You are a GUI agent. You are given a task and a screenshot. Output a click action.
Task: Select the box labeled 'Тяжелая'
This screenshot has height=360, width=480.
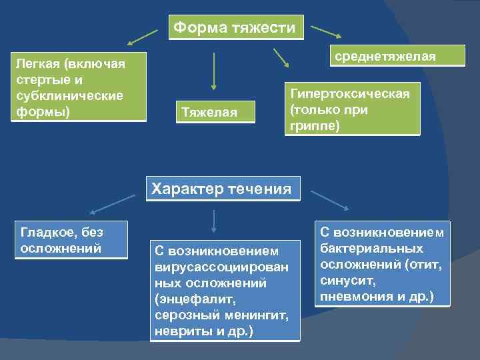click(x=214, y=112)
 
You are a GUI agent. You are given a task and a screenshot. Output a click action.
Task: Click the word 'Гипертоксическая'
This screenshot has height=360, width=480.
click(x=349, y=93)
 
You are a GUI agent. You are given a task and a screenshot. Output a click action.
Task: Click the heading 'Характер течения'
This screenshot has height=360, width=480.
click(x=222, y=189)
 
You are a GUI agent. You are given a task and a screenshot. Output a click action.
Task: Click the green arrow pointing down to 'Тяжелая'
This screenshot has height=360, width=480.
click(x=213, y=71)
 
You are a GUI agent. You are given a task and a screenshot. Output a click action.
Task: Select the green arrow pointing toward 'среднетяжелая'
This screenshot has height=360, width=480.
click(x=326, y=31)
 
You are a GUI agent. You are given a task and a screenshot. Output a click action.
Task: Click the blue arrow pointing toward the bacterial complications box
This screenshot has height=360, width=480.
click(x=329, y=200)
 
